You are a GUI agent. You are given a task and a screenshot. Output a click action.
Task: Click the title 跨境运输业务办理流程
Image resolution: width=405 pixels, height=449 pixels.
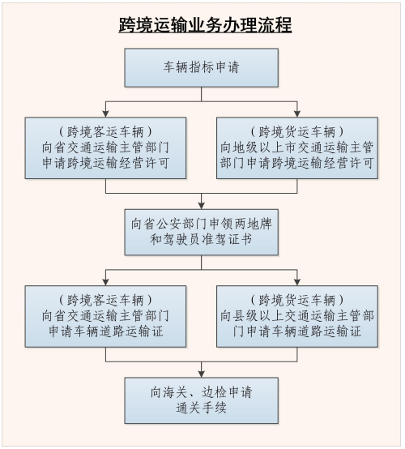[x=202, y=24]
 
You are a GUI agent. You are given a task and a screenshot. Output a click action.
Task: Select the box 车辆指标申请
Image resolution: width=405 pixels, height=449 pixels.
[x=202, y=67]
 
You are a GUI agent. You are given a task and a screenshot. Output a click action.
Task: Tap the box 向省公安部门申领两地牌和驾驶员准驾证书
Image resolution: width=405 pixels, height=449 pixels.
[x=202, y=232]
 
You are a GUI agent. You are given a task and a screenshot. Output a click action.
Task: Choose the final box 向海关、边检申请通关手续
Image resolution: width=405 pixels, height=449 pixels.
[x=202, y=400]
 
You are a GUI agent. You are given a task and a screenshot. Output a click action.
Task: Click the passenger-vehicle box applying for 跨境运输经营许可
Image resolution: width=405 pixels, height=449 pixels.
[x=106, y=148]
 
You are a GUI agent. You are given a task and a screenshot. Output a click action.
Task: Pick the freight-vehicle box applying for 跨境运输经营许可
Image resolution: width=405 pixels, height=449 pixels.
[x=297, y=148]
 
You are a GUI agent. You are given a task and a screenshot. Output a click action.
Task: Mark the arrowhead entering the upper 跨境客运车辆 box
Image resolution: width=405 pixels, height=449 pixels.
[x=106, y=113]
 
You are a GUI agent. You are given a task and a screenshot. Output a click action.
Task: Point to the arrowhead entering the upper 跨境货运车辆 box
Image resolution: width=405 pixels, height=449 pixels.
[x=297, y=113]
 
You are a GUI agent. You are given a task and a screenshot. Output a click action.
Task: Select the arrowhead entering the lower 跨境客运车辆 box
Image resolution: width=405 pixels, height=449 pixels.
[x=106, y=281]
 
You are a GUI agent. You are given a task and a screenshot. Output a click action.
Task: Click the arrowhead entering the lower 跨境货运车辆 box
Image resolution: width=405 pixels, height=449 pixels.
[x=297, y=281]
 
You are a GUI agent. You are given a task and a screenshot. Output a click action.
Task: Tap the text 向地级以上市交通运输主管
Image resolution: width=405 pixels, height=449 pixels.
[x=297, y=148]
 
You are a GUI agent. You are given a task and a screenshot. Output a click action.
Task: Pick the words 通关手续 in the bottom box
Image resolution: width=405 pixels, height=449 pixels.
[x=202, y=408]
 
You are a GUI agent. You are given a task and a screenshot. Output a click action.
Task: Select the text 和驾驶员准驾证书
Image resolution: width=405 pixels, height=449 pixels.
[x=202, y=241]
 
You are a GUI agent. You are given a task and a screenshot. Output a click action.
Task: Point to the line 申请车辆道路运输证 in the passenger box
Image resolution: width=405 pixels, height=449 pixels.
[x=106, y=331]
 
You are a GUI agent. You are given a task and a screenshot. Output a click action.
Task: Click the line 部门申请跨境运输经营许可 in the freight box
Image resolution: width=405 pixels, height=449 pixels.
[x=297, y=163]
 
